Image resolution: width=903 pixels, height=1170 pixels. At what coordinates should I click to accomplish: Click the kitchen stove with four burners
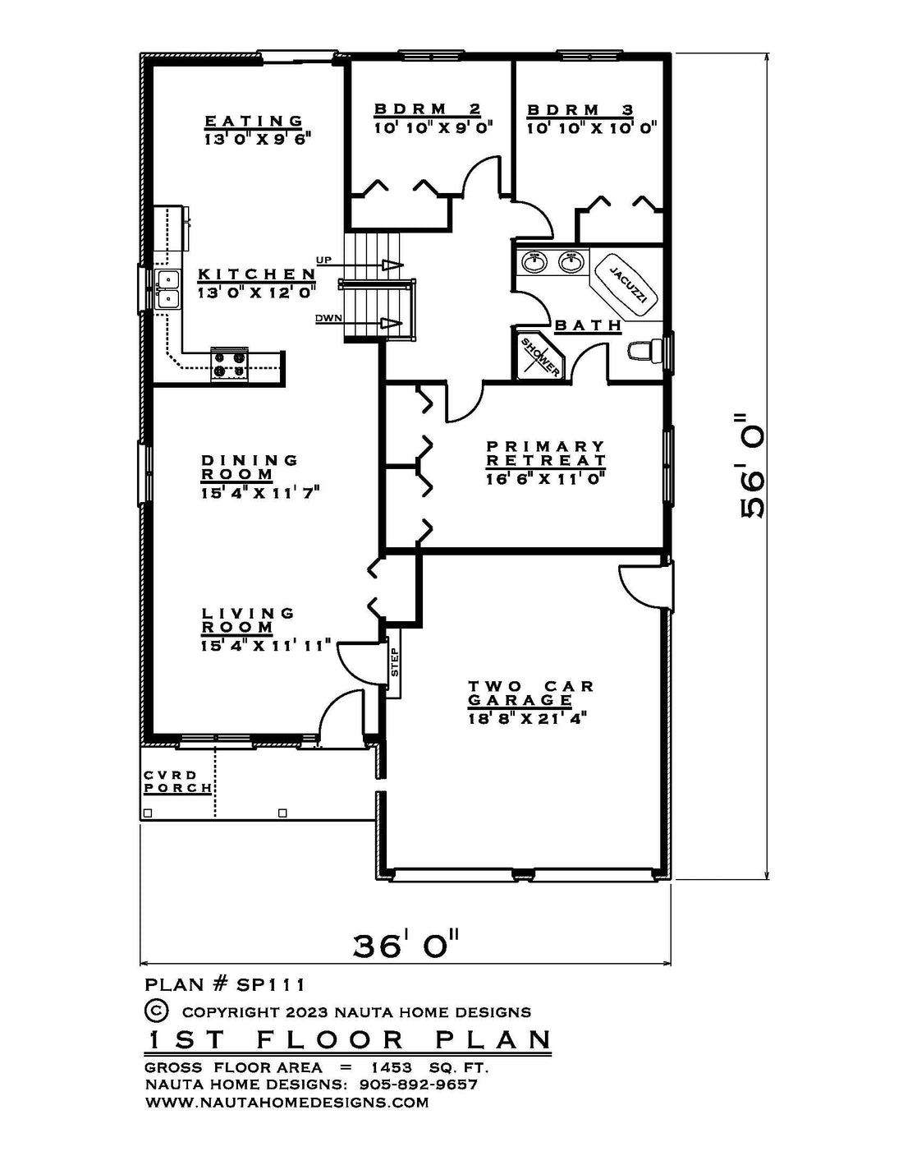(x=230, y=365)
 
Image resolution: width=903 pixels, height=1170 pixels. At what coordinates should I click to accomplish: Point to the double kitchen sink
(x=167, y=289)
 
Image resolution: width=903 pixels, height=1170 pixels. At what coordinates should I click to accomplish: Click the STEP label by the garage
(x=395, y=661)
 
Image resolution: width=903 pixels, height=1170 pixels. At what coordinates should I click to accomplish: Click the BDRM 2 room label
(x=428, y=109)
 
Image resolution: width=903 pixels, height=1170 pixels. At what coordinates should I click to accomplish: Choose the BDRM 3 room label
(x=580, y=110)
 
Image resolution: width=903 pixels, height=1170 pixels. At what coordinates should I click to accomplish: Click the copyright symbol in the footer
(x=157, y=1010)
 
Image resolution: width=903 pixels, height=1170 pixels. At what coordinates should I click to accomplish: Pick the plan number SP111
(x=271, y=985)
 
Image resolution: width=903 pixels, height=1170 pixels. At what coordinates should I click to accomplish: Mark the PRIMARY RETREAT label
(x=546, y=454)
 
